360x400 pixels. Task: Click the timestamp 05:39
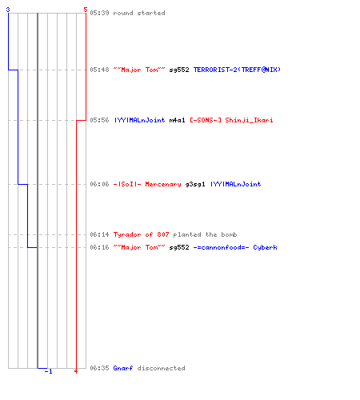pyautogui.click(x=99, y=13)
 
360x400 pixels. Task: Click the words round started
pyautogui.click(x=139, y=13)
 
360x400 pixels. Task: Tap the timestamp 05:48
pyautogui.click(x=99, y=70)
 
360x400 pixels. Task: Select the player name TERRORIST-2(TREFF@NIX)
pyautogui.click(x=237, y=70)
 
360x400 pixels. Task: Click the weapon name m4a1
pyautogui.click(x=177, y=120)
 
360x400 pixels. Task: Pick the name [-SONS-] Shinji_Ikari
pyautogui.click(x=231, y=120)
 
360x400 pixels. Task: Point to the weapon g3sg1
pyautogui.click(x=195, y=184)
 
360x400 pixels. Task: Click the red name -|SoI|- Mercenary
pyautogui.click(x=147, y=184)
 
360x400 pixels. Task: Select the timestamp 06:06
pyautogui.click(x=99, y=184)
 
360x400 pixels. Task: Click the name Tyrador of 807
pyautogui.click(x=142, y=234)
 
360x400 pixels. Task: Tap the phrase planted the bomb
pyautogui.click(x=205, y=234)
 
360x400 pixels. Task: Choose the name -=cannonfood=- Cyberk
pyautogui.click(x=235, y=247)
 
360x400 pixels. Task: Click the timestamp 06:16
pyautogui.click(x=99, y=247)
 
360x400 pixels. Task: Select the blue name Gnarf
pyautogui.click(x=123, y=368)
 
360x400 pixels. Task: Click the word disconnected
pyautogui.click(x=161, y=368)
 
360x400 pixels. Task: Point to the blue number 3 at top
pyautogui.click(x=8, y=10)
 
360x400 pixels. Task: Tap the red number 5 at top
pyautogui.click(x=86, y=10)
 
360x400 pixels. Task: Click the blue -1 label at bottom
pyautogui.click(x=48, y=371)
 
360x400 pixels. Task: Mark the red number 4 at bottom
pyautogui.click(x=76, y=371)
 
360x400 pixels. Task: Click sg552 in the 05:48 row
pyautogui.click(x=179, y=70)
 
